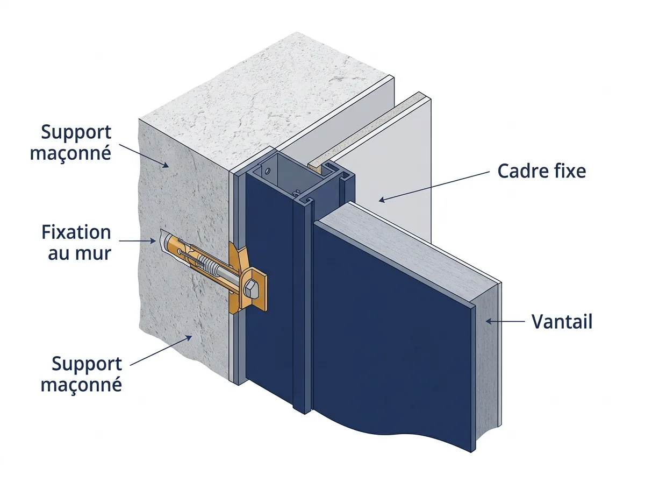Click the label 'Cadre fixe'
click(542, 171)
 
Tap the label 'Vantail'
click(562, 322)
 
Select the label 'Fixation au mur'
click(76, 243)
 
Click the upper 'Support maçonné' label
click(71, 143)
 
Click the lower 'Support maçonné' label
click(81, 374)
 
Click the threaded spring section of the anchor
click(209, 267)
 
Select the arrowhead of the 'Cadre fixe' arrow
click(382, 200)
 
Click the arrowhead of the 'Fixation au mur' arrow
click(153, 241)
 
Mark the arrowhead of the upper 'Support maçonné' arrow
click(166, 165)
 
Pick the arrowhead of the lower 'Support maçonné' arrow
click(189, 338)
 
